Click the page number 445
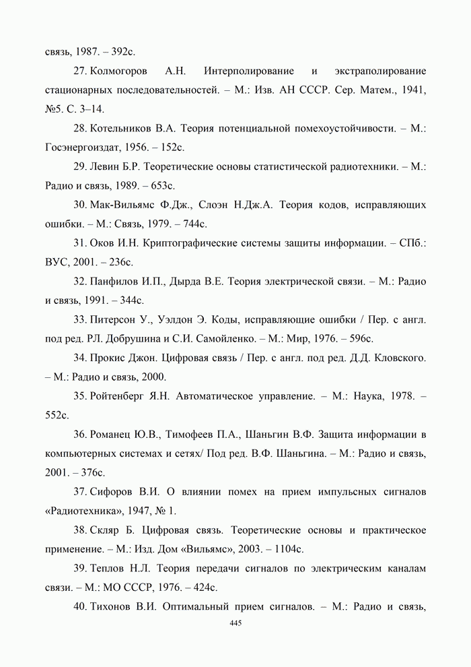(x=235, y=624)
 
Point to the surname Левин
(x=104, y=166)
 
